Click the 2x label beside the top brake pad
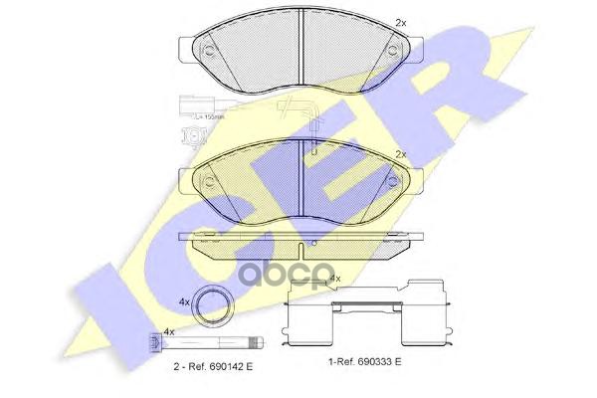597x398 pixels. (x=401, y=21)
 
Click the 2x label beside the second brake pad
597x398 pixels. (x=401, y=155)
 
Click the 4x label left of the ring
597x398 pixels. (x=184, y=300)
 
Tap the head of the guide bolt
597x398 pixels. (x=154, y=346)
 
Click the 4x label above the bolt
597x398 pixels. (x=169, y=331)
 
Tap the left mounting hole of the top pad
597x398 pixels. (x=210, y=50)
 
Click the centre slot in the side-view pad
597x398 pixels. (x=302, y=242)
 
